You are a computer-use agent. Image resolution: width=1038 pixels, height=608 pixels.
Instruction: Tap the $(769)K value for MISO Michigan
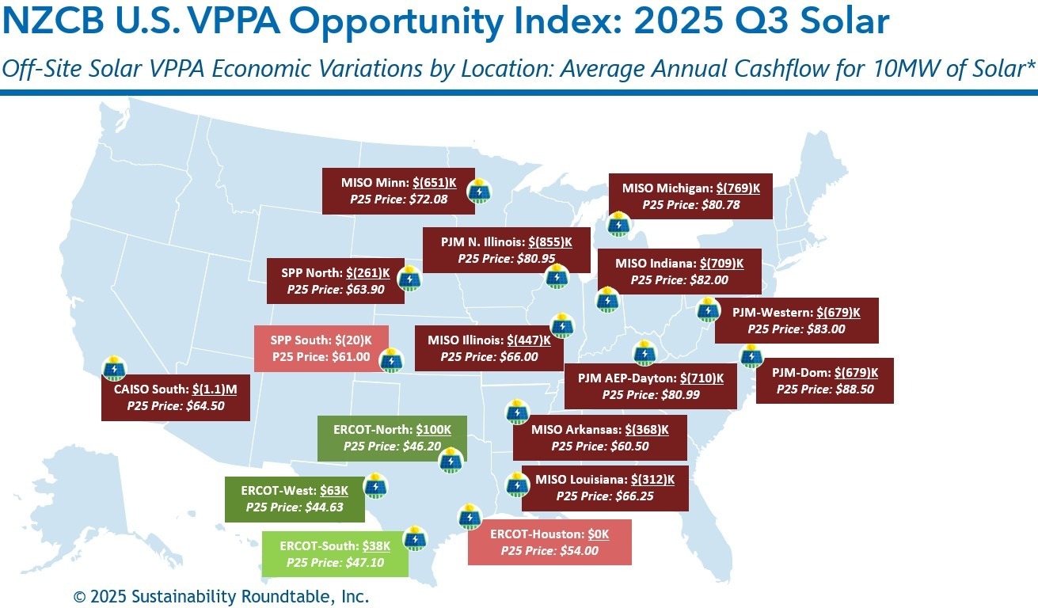coord(738,188)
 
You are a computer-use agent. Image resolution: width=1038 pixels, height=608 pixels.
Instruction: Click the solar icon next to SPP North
coord(409,279)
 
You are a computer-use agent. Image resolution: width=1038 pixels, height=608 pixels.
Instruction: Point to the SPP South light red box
coord(321,348)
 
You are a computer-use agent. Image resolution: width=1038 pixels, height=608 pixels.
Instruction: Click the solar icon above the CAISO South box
coord(114,368)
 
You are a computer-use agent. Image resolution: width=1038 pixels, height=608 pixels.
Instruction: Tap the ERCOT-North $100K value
coord(433,430)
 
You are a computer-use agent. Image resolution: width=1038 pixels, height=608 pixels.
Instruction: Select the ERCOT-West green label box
coord(295,499)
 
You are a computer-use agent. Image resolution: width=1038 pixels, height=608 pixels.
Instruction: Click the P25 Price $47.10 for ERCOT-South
coord(335,562)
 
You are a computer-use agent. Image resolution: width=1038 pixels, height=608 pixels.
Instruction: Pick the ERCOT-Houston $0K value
coord(598,534)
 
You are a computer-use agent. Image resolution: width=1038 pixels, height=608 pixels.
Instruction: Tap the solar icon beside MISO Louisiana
coord(516,484)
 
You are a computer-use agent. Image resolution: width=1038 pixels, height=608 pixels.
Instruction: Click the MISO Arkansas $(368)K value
coord(647,430)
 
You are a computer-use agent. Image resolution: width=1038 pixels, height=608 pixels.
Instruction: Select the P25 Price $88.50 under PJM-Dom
coord(824,389)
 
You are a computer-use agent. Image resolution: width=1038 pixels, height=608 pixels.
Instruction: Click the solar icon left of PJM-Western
coord(707,310)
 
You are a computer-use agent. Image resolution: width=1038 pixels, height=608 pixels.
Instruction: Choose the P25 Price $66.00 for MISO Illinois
coord(489,356)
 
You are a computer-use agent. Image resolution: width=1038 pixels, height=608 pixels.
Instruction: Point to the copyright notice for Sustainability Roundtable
coord(221,596)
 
